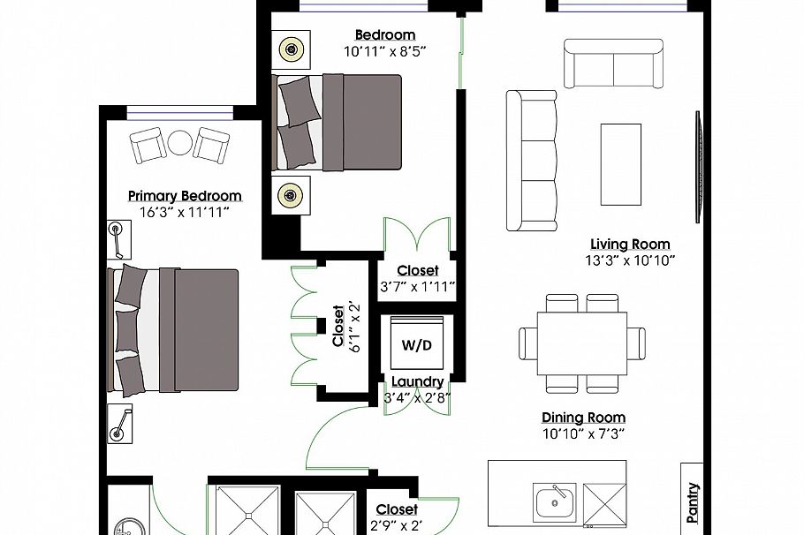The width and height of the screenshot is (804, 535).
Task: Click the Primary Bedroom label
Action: coord(184,196)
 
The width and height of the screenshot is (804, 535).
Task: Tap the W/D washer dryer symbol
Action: coord(417,344)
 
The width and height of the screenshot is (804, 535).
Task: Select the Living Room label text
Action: coord(630,245)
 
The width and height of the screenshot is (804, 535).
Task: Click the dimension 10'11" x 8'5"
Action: coord(385,51)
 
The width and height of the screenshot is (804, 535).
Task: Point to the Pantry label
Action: coord(693,500)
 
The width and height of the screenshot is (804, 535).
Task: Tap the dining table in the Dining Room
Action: coord(582,343)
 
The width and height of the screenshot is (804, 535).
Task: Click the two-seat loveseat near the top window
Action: coord(613,64)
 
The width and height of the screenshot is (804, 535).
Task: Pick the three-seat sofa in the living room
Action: coord(532,160)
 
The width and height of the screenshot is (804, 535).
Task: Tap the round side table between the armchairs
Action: coord(180,143)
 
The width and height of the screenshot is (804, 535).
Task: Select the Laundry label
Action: coord(418,381)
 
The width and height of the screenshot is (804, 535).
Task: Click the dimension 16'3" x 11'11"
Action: coord(184,212)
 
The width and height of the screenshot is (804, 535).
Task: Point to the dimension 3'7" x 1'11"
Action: coord(417,286)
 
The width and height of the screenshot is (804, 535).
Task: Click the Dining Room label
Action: coord(583,418)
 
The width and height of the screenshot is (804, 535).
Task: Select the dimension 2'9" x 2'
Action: coord(397,526)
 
